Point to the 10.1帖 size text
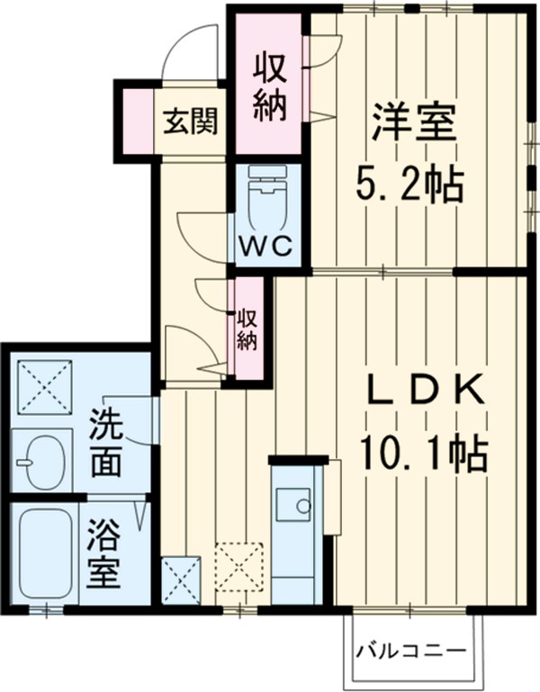click(422, 454)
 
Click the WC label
click(266, 245)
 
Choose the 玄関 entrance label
click(190, 121)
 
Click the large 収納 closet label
click(269, 87)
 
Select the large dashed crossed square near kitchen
click(239, 566)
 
